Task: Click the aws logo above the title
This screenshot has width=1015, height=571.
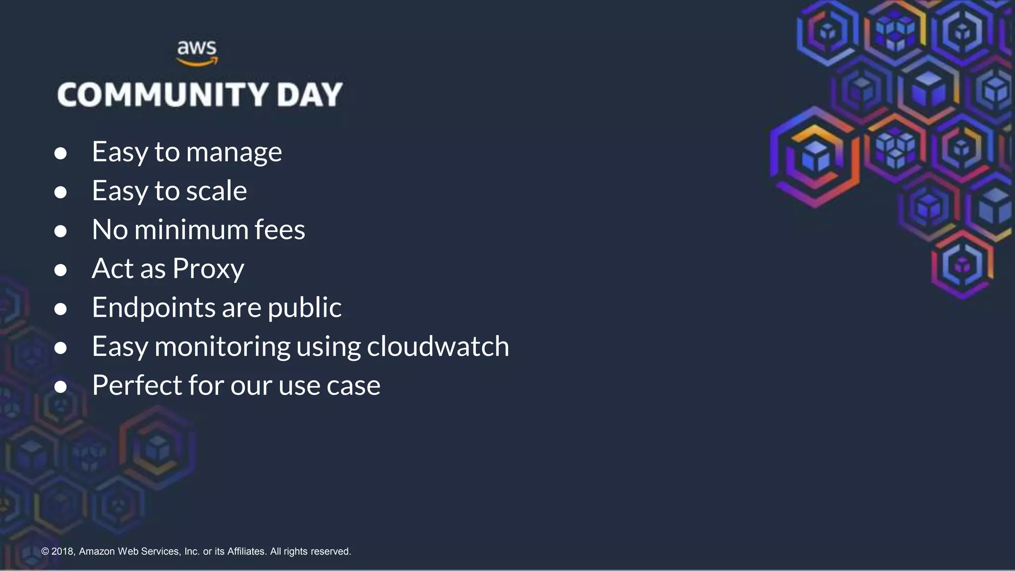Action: coord(197,53)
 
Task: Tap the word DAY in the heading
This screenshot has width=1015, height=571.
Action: coord(310,95)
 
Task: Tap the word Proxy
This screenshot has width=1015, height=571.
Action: coord(208,270)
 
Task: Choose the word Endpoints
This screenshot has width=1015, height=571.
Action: coord(154,308)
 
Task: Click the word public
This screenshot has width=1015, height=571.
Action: coord(304,308)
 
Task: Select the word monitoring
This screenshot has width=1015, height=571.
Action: coord(223,347)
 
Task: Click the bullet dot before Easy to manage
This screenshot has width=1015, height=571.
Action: coord(60,153)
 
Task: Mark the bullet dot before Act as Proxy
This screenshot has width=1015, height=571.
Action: coord(60,270)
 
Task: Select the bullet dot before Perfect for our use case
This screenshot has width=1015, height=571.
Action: coord(60,387)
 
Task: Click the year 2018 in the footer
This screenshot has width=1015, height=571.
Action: coord(63,551)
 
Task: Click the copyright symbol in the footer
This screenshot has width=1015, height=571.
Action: coord(45,551)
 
